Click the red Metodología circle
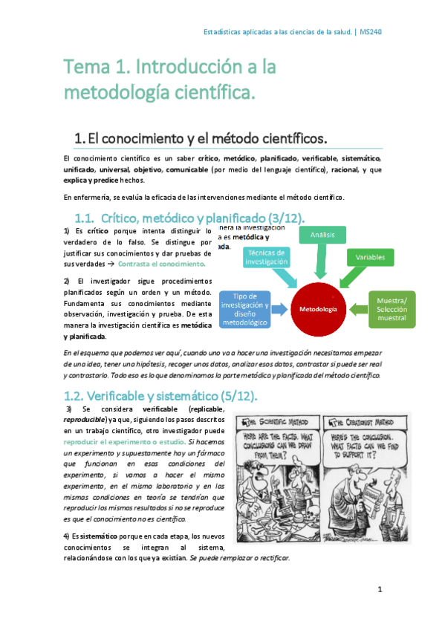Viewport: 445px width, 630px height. [x=318, y=308]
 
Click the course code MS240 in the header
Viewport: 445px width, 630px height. [x=371, y=32]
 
